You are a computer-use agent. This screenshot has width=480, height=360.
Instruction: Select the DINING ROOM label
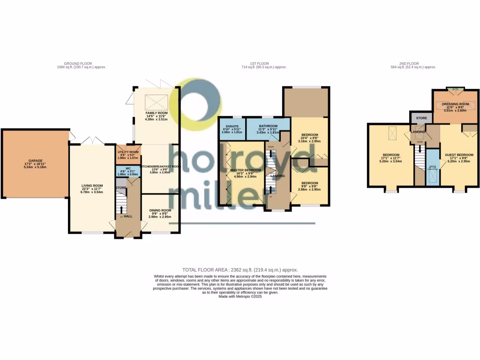160,210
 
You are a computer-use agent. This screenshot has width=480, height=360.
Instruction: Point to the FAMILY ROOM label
157,113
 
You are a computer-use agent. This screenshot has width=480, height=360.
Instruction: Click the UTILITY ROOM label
127,152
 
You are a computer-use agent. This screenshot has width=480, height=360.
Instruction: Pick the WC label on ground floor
127,168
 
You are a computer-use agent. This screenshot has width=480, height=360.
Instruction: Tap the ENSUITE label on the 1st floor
232,126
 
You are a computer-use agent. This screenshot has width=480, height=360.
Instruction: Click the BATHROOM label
268,126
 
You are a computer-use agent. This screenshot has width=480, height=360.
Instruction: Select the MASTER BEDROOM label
246,170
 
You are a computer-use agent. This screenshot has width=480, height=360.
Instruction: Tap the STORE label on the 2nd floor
421,118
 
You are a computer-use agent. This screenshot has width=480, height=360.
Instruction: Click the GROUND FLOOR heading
78,63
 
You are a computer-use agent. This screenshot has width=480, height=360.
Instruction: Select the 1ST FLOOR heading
259,63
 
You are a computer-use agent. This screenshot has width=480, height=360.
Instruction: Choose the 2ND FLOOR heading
409,63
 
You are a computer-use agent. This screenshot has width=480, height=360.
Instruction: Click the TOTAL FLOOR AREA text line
240,270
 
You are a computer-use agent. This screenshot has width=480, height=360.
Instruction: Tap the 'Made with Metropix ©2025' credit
240,296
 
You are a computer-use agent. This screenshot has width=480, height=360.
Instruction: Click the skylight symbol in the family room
156,101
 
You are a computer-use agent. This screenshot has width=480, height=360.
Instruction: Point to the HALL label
128,216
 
